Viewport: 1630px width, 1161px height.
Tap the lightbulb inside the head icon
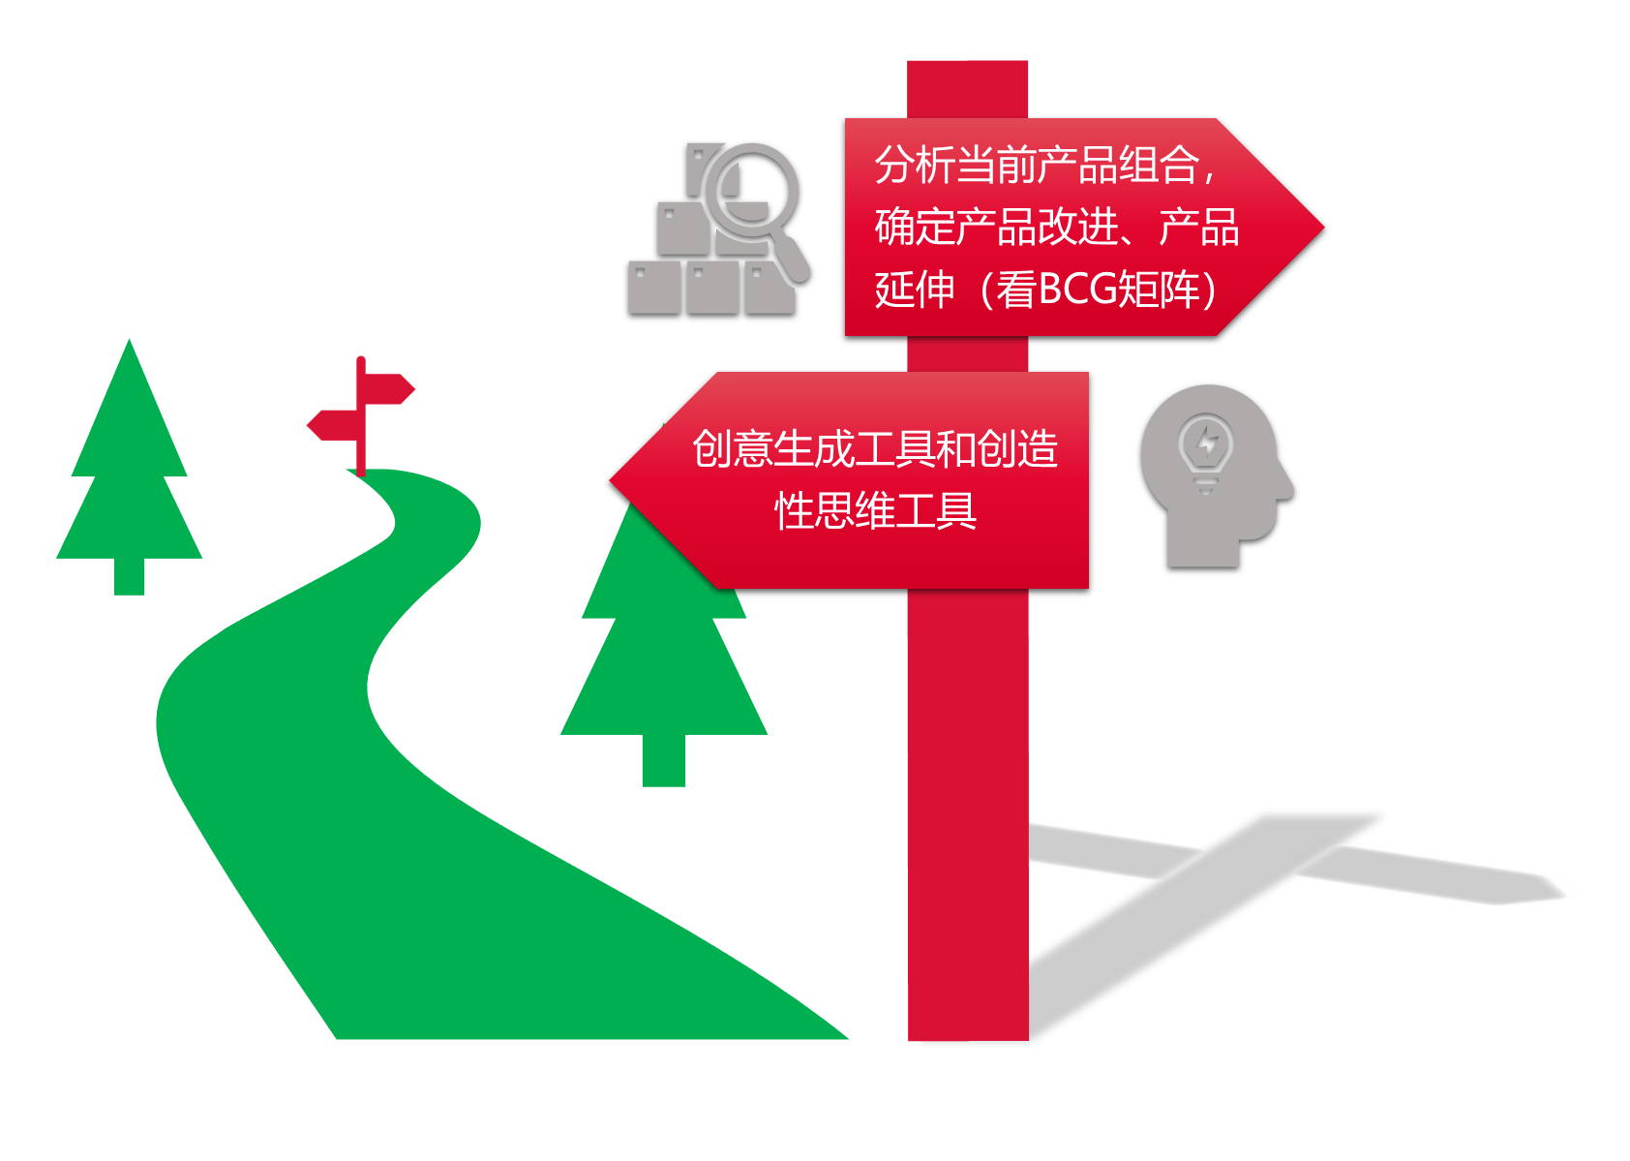1205,447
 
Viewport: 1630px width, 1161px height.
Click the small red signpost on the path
361,416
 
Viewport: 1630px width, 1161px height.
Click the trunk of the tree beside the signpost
664,760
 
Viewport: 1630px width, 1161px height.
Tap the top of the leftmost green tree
129,349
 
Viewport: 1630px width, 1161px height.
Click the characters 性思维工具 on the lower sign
875,510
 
